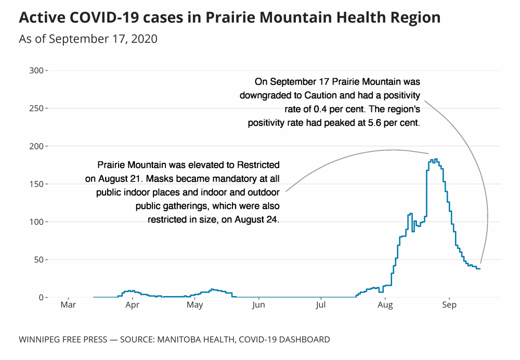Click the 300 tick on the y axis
[x=36, y=70]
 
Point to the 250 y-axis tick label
[x=36, y=108]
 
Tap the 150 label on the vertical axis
[x=36, y=184]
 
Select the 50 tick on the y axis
[x=38, y=260]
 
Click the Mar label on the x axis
[x=68, y=305]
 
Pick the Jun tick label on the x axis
[x=258, y=305]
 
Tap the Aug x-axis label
[x=385, y=305]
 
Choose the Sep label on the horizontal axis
[x=449, y=305]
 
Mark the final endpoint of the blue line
[x=479, y=268]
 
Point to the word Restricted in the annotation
[x=258, y=165]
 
